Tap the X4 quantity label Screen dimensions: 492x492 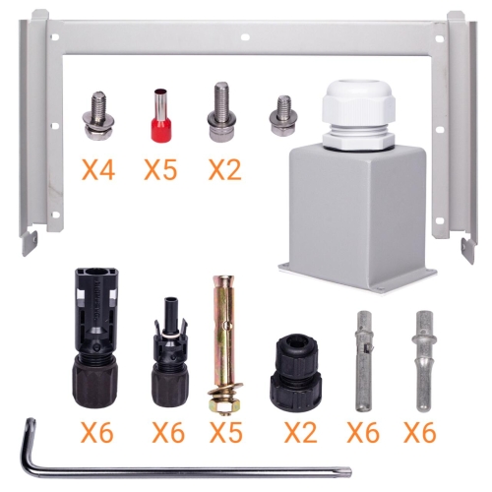98,169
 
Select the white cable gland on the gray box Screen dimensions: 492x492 360,115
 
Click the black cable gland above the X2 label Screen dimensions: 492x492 296,373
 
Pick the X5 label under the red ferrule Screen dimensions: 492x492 160,169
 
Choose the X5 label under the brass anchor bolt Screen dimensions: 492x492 226,432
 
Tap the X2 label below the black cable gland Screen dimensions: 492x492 301,432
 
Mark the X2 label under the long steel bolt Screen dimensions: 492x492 225,169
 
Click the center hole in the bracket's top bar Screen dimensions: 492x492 245,37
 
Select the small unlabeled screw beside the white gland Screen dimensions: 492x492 283,115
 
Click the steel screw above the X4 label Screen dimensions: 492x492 97,116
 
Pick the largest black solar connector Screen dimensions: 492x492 94,338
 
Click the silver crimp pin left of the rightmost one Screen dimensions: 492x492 364,361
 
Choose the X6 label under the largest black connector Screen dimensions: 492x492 97,432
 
